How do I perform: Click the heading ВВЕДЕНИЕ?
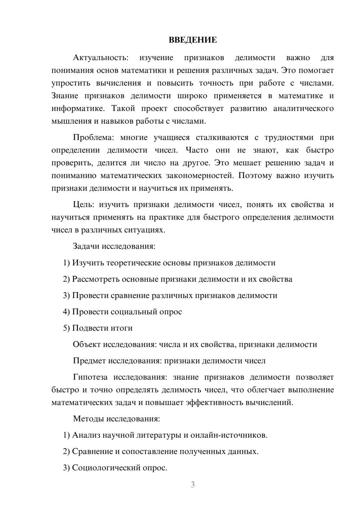(x=193, y=40)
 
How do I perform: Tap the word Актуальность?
(x=100, y=58)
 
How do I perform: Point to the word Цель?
(x=84, y=205)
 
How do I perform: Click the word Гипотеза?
(x=90, y=377)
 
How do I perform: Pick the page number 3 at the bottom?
(x=193, y=485)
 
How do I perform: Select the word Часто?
(x=197, y=150)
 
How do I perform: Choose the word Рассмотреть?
(x=96, y=279)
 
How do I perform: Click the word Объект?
(x=87, y=344)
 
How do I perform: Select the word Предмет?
(x=89, y=361)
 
